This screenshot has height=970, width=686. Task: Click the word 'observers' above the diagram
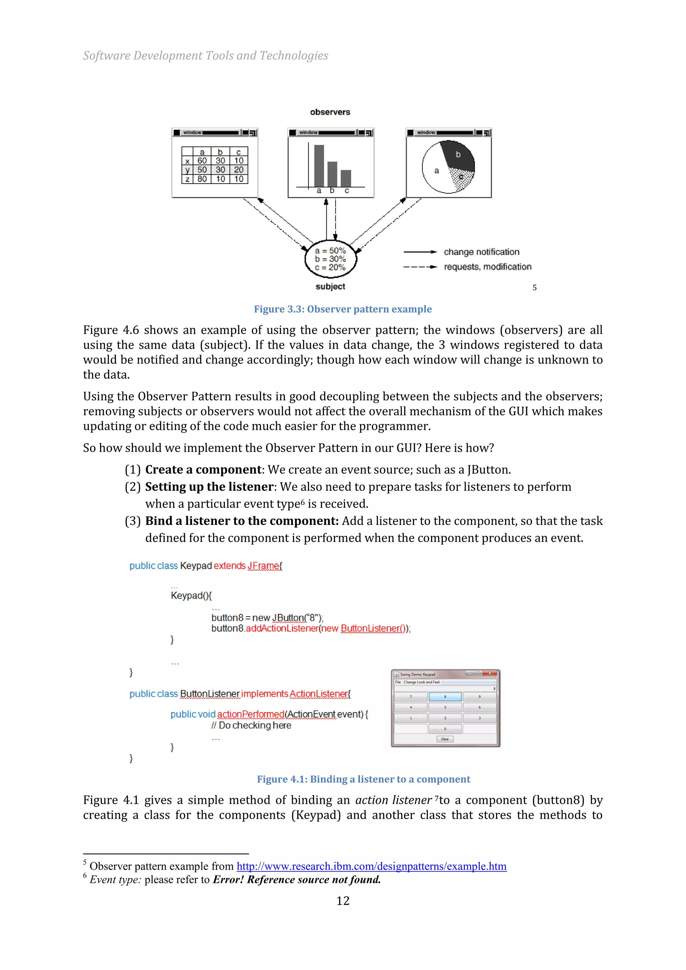point(330,112)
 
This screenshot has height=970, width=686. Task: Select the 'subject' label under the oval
point(330,286)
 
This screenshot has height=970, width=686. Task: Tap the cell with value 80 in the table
point(202,179)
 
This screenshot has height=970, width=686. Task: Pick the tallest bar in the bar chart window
point(319,165)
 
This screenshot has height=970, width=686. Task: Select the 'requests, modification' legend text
point(487,267)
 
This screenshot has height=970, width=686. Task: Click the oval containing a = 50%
point(330,259)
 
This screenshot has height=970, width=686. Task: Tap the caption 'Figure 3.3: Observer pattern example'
point(343,309)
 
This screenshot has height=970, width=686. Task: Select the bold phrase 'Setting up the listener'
point(209,487)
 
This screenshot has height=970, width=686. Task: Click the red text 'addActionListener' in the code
point(282,628)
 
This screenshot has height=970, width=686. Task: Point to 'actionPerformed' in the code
point(251,714)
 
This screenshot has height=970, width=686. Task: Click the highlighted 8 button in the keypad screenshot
point(445,697)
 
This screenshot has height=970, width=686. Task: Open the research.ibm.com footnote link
point(371,866)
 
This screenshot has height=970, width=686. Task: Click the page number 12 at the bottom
point(343,901)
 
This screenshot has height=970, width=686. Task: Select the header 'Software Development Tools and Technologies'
point(205,55)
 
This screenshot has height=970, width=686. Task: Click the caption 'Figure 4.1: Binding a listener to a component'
point(363,779)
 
